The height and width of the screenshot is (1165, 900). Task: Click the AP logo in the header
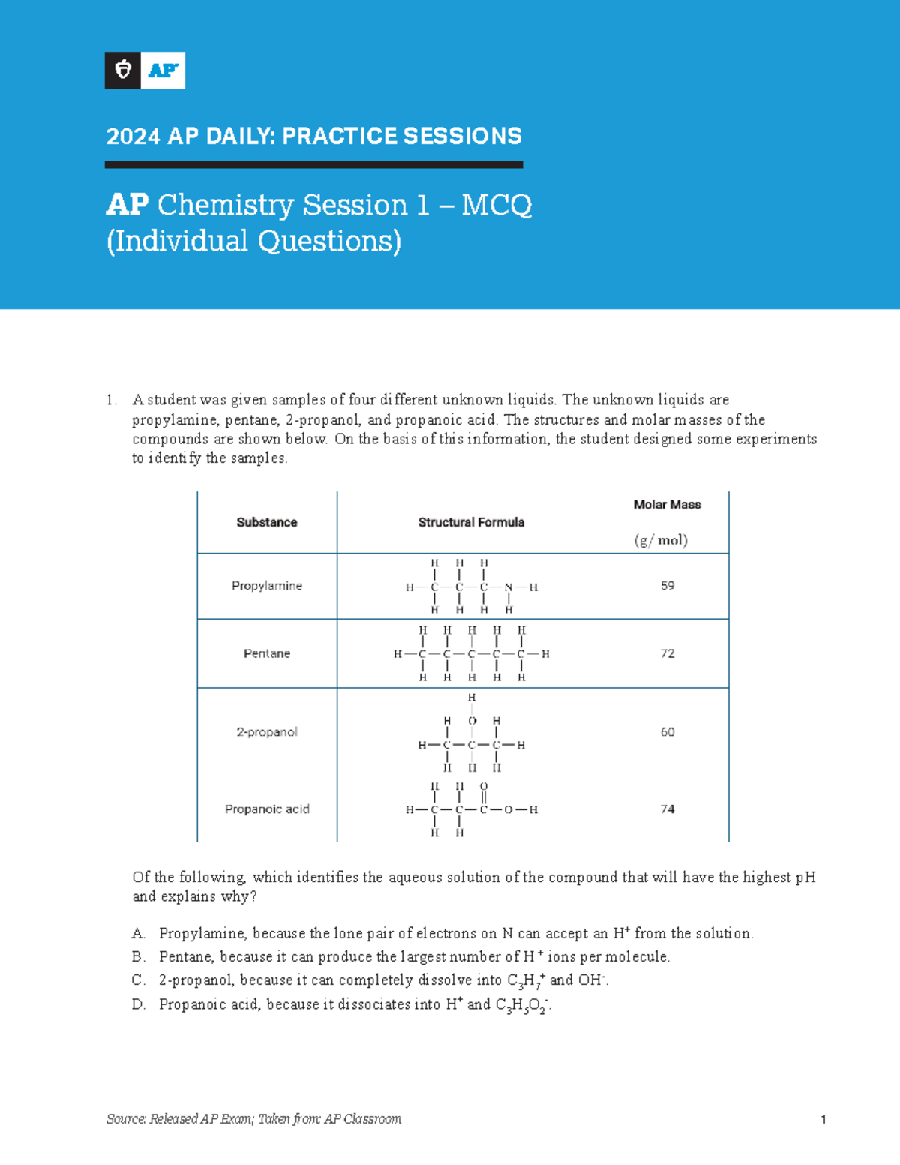click(x=163, y=71)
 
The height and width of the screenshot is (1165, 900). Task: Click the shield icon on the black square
click(x=123, y=71)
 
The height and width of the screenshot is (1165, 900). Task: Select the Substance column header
click(x=267, y=522)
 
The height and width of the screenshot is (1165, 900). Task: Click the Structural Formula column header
click(x=471, y=522)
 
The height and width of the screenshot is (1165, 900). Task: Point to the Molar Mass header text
click(x=667, y=505)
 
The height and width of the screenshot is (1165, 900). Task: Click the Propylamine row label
click(x=267, y=586)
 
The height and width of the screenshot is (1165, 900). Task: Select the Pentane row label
click(x=267, y=653)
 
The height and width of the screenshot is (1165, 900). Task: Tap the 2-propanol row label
click(x=267, y=731)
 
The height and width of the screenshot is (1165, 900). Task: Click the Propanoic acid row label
click(x=267, y=809)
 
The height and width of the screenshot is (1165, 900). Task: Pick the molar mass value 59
click(x=667, y=586)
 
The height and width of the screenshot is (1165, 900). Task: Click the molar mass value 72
click(x=667, y=653)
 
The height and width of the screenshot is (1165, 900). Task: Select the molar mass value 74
click(x=667, y=809)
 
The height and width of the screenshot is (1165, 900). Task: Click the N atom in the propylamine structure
click(x=508, y=587)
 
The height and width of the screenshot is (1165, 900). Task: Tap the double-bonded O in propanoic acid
click(x=484, y=787)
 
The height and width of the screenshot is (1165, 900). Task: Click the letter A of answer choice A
click(x=137, y=934)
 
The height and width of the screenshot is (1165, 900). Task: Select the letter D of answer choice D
click(x=138, y=1004)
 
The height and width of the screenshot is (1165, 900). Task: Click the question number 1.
click(x=111, y=400)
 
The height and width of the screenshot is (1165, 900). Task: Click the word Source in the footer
click(x=125, y=1119)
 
